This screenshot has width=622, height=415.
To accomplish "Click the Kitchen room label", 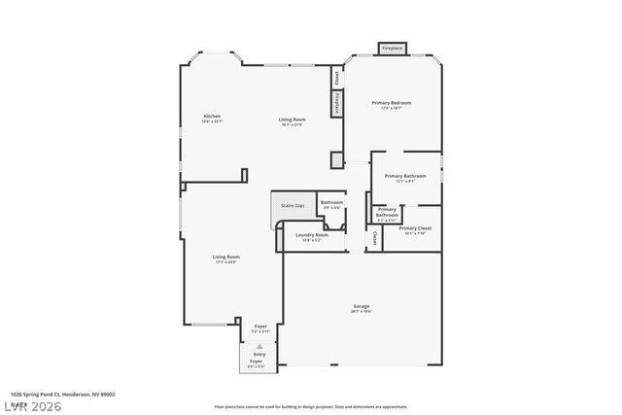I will click(212, 119).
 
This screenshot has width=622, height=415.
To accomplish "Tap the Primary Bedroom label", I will click(392, 104).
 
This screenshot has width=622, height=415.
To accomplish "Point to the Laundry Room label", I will click(311, 236).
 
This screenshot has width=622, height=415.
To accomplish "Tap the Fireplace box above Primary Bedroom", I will click(393, 48).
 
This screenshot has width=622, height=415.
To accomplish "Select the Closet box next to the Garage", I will click(374, 237).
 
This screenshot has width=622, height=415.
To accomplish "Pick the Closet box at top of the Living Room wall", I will click(336, 77).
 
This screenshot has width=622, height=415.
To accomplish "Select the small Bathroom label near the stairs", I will click(330, 204).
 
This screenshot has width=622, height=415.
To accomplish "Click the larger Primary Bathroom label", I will click(405, 179).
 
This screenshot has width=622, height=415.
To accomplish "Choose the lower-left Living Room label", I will click(225, 259).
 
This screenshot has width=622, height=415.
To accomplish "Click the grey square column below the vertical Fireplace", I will click(336, 159).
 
